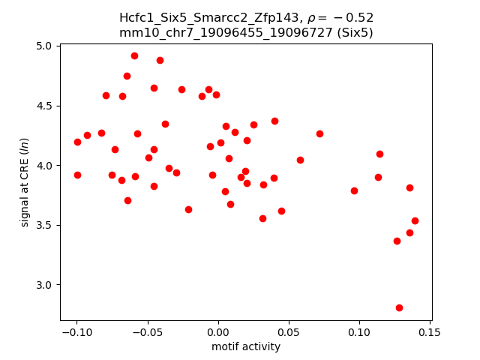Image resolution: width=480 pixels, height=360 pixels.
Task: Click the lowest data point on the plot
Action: coord(399,307)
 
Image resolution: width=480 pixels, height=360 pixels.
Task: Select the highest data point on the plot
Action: coord(134,55)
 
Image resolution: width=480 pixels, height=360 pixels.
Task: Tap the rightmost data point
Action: coord(415,220)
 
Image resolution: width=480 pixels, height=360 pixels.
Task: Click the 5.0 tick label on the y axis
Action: coord(45,46)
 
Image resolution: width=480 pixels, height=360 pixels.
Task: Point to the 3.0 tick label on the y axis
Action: coord(45,285)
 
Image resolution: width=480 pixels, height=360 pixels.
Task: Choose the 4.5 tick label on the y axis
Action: coord(45,106)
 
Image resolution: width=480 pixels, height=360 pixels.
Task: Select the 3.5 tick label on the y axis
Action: coord(45,225)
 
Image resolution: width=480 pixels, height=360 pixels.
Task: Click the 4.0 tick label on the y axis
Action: coord(45,165)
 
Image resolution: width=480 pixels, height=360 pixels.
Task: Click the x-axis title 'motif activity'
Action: coord(246,347)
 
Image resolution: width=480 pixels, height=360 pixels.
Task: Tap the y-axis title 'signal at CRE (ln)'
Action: coord(25,182)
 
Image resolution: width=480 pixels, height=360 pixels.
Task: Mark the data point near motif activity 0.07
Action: coord(319,133)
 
